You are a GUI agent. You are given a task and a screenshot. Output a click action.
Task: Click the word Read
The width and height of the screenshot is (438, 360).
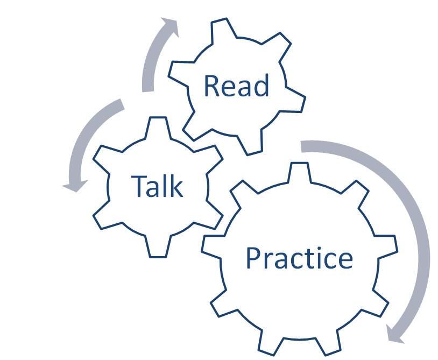coord(236,86)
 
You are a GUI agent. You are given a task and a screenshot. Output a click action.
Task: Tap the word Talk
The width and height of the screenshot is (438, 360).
coord(157,186)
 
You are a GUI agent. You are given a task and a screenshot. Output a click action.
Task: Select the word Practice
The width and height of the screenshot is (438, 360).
coord(299,258)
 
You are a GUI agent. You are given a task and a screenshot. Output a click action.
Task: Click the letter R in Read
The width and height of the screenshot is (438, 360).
coord(211,86)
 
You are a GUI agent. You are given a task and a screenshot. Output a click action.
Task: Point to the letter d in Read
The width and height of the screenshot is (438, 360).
coord(262,86)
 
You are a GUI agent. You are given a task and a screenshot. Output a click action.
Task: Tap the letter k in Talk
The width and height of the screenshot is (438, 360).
coord(176,186)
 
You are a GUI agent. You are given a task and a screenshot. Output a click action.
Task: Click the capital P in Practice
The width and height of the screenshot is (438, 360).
coord(253,258)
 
